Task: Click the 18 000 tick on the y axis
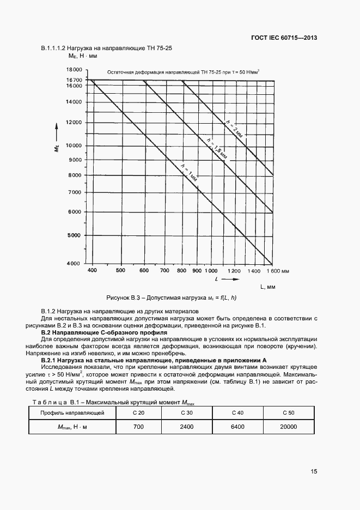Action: click(x=74, y=70)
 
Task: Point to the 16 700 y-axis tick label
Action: click(x=74, y=80)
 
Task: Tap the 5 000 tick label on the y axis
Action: click(x=74, y=235)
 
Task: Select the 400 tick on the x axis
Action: click(x=92, y=270)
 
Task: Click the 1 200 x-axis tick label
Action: click(x=234, y=270)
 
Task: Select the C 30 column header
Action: click(x=186, y=413)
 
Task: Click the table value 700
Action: click(x=138, y=427)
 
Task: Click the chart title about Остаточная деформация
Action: click(x=183, y=71)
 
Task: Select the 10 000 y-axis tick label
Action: click(x=74, y=145)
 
